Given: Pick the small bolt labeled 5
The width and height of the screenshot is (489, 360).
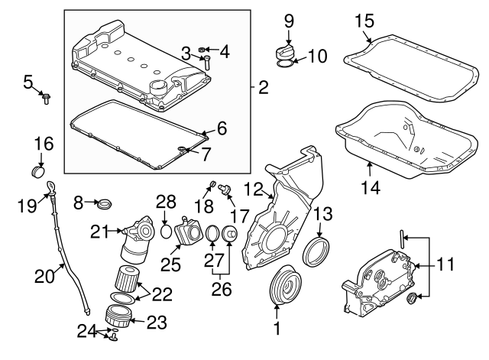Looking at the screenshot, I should tap(45, 97).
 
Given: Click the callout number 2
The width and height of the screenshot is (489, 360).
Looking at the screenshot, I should tap(263, 88).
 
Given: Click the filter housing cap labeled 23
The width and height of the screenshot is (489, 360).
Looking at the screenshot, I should tap(118, 316).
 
